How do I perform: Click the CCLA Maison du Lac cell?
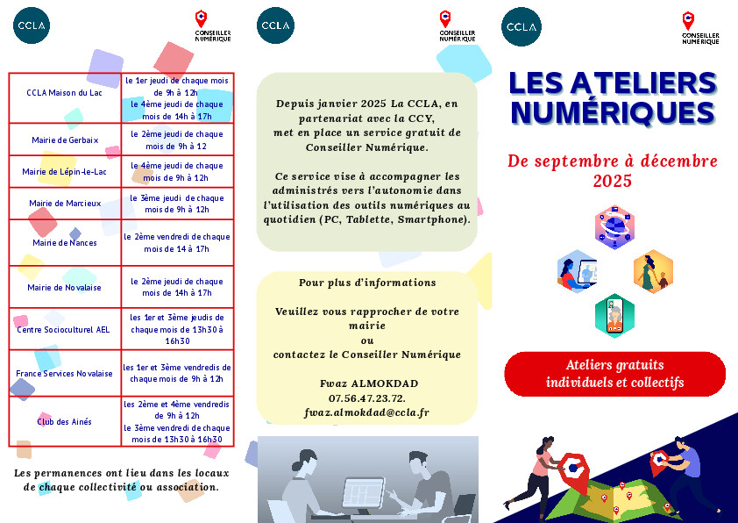(x=65, y=92)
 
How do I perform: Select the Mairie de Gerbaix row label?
(x=65, y=140)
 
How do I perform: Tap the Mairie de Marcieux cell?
(x=65, y=204)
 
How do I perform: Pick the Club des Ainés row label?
(x=65, y=422)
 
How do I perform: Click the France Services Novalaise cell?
(x=65, y=373)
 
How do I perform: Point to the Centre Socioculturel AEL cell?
(x=65, y=329)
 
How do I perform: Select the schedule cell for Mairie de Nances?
(x=177, y=243)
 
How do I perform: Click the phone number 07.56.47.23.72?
(x=367, y=398)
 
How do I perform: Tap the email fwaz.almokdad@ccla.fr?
(x=367, y=412)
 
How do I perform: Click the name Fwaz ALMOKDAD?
(x=367, y=383)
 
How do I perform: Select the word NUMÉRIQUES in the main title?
(x=613, y=113)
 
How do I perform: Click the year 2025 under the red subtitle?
(x=613, y=182)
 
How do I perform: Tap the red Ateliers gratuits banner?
(x=614, y=374)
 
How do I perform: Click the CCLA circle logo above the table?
(x=31, y=25)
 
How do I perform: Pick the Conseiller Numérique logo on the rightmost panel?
(x=699, y=27)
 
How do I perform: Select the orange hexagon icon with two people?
(x=653, y=272)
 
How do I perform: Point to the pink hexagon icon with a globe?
(x=614, y=227)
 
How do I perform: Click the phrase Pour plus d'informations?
(x=367, y=283)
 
